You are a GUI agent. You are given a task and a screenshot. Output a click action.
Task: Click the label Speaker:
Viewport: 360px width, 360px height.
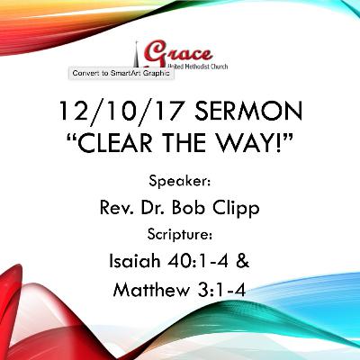coord(179,178)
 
